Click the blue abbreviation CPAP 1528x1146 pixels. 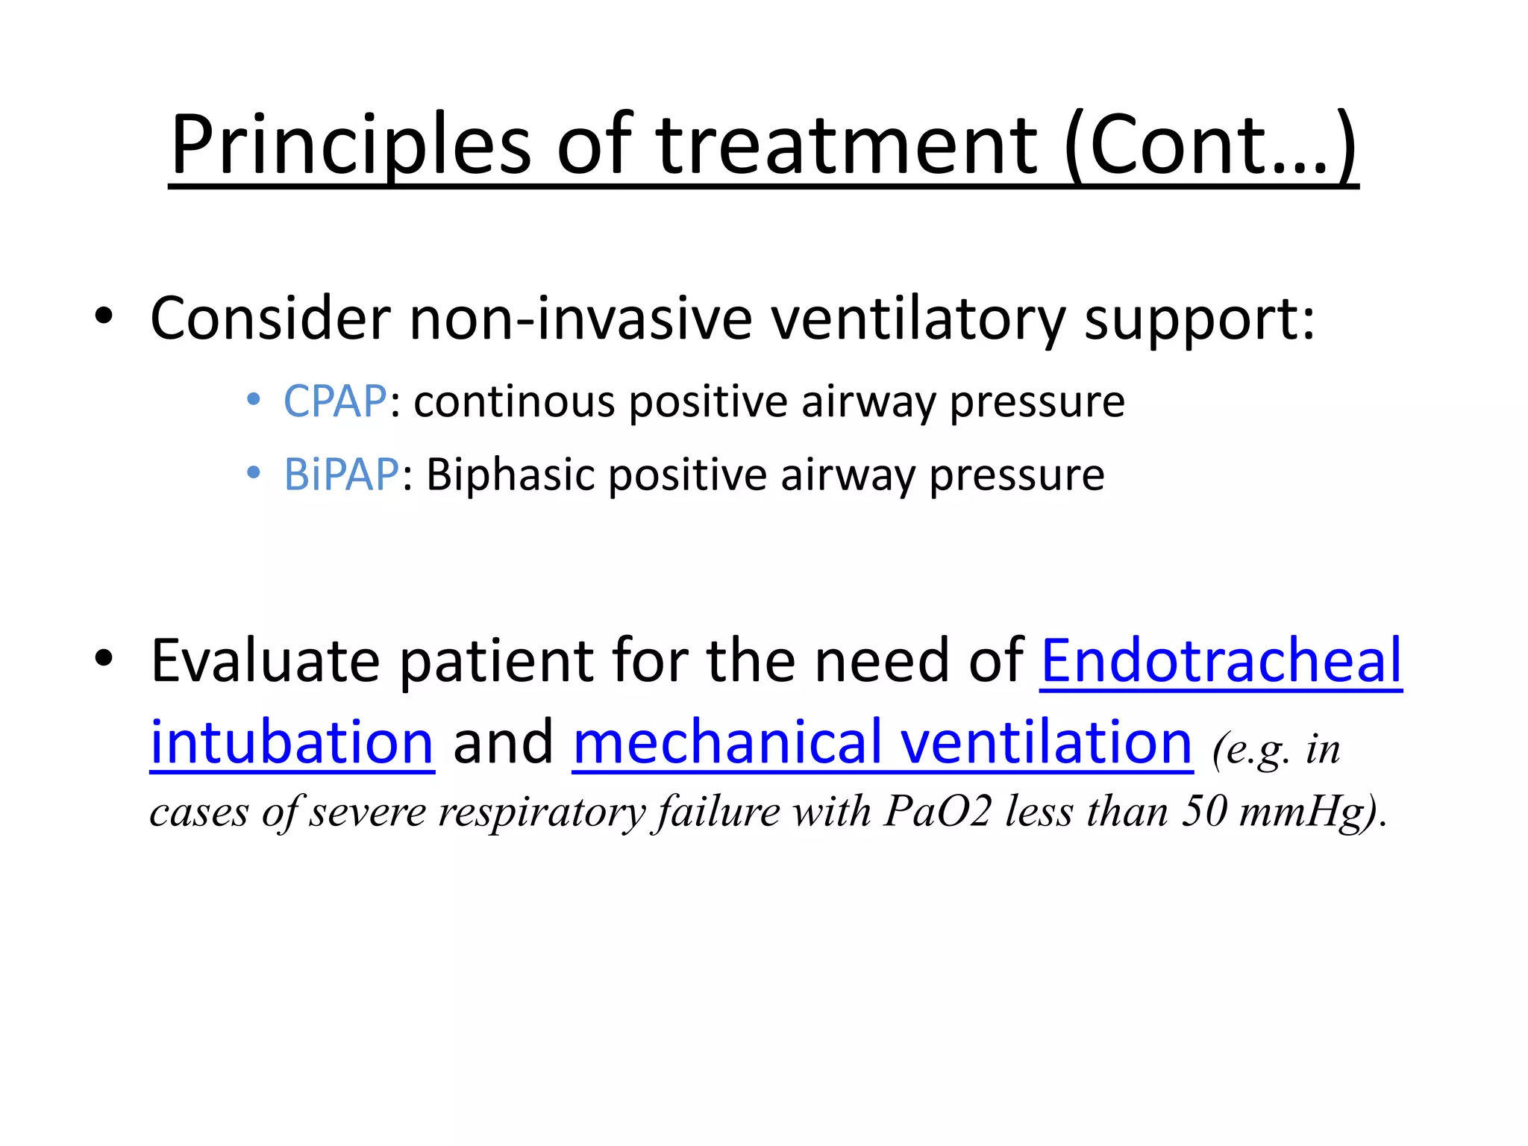pyautogui.click(x=335, y=401)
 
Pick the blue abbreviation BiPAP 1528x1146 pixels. pyautogui.click(x=342, y=475)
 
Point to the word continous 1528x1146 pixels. pyautogui.click(x=514, y=401)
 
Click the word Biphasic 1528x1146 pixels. pyautogui.click(x=510, y=475)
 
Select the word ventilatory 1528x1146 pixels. pyautogui.click(x=918, y=319)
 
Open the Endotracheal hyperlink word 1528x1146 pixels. pyautogui.click(x=1221, y=660)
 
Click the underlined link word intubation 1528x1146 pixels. pyautogui.click(x=292, y=742)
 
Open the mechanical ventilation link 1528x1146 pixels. pyautogui.click(x=883, y=742)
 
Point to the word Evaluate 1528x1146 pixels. pyautogui.click(x=265, y=660)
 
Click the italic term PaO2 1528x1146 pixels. pyautogui.click(x=937, y=812)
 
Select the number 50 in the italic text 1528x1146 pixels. pyautogui.click(x=1204, y=812)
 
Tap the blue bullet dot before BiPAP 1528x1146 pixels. pyautogui.click(x=254, y=473)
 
